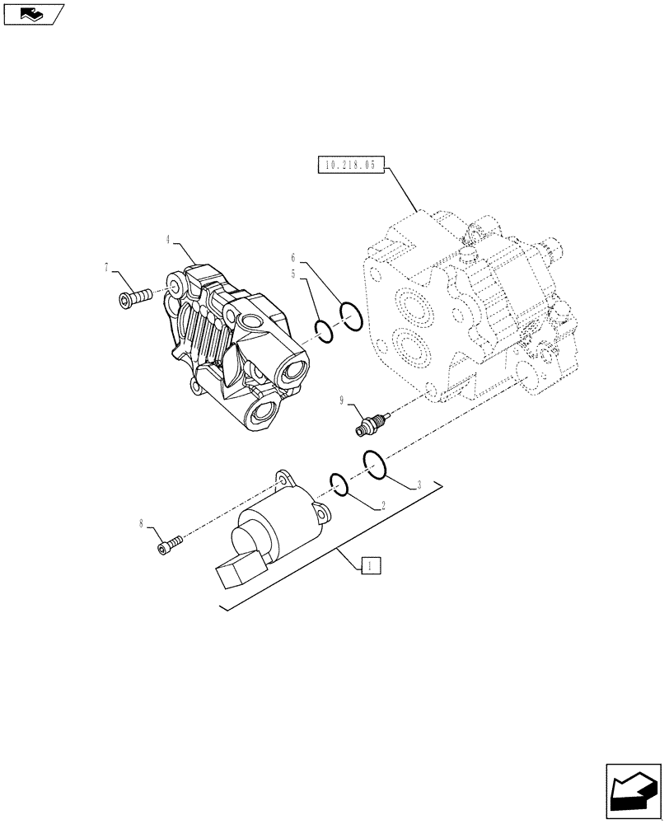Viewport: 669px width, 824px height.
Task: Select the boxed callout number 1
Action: tap(371, 566)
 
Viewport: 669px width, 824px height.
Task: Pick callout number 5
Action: tap(292, 273)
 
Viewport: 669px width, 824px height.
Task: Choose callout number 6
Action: tap(292, 257)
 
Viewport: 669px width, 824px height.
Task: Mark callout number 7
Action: tap(107, 266)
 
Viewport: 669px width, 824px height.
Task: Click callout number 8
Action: tap(142, 522)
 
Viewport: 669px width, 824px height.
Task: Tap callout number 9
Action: tap(340, 400)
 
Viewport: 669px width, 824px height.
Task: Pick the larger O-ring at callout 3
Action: tap(374, 465)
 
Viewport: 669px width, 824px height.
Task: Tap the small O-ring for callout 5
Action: tap(325, 331)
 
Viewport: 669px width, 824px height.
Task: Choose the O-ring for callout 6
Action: tap(351, 316)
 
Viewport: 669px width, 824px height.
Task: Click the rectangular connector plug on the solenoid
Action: tap(239, 570)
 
